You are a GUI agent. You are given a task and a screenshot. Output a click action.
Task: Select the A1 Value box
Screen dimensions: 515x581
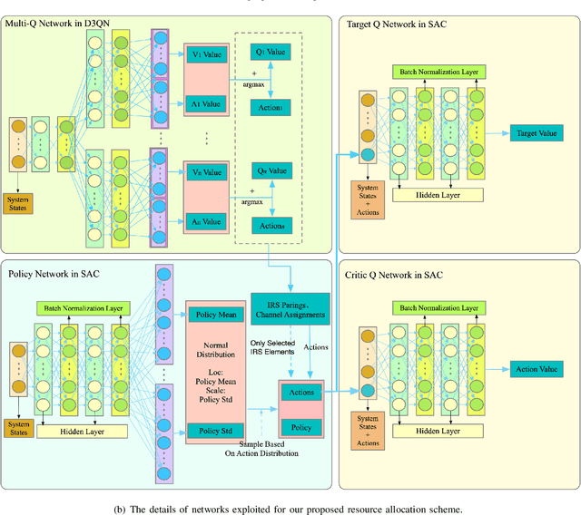click(210, 104)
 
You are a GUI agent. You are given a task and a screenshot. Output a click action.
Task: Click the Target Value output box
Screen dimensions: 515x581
click(536, 133)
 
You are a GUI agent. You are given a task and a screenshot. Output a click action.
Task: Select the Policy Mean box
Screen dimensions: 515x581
click(215, 316)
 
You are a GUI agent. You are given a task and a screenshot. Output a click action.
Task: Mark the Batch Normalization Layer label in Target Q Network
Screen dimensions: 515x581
click(435, 72)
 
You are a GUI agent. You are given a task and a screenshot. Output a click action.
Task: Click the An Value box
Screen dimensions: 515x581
click(210, 221)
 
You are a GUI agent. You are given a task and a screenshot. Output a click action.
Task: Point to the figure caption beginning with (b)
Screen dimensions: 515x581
click(290, 509)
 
